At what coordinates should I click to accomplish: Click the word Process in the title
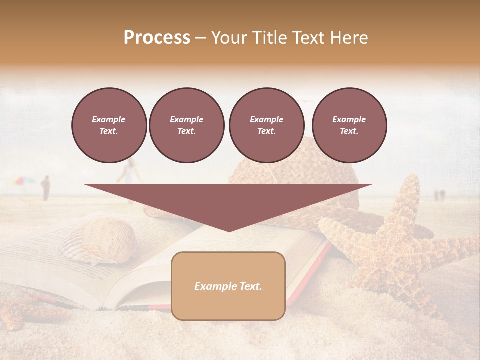pos(157,38)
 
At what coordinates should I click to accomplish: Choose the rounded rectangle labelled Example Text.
pos(228,286)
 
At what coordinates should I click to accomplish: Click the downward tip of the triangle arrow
pos(228,230)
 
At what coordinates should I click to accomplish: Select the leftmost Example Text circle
pos(109,125)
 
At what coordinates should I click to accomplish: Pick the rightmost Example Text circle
pos(349,125)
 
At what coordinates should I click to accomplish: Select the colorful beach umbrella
pos(23,182)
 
